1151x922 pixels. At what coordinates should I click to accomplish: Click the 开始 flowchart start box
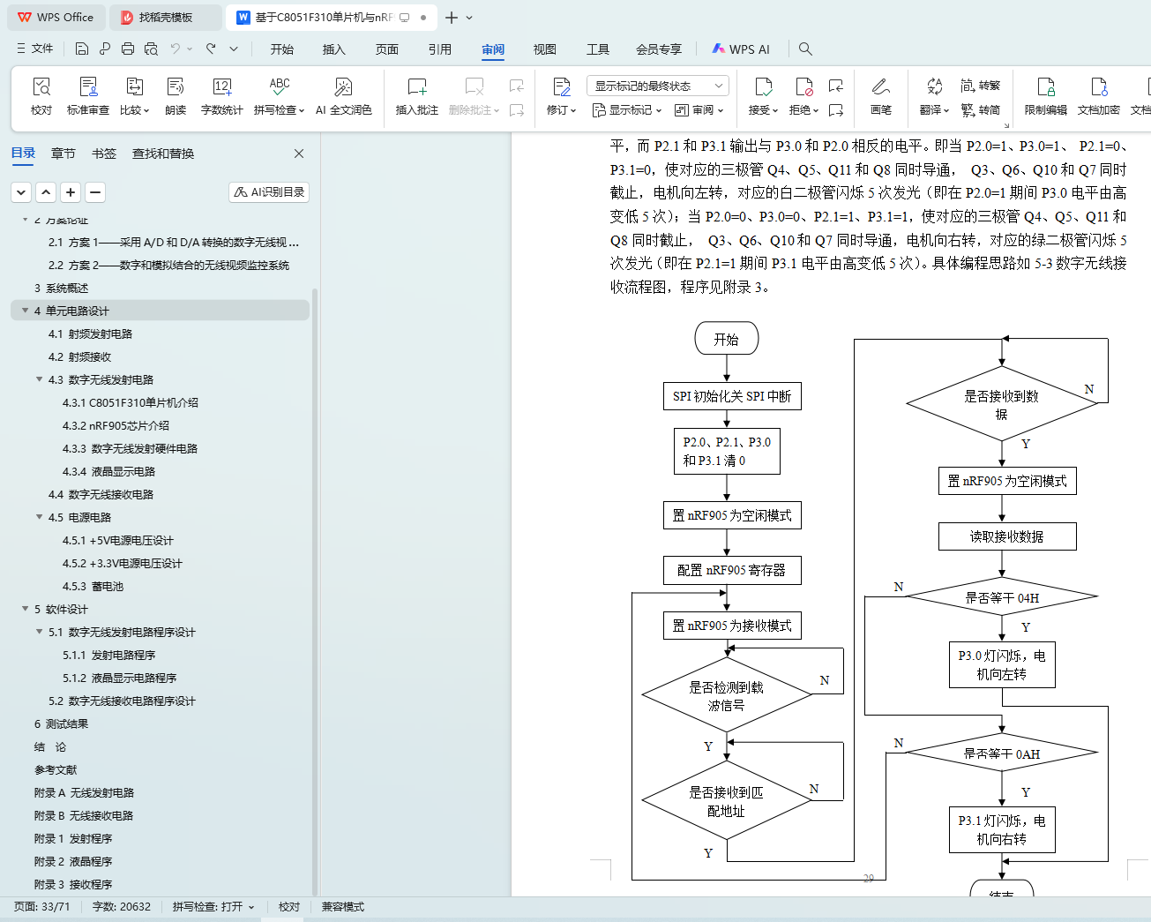726,339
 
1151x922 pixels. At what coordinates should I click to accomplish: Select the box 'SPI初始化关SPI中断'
732,396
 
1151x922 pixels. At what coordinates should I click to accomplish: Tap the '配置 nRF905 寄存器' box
732,570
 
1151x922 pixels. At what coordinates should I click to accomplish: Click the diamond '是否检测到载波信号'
726,695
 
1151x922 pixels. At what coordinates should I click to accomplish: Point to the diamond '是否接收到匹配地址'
726,801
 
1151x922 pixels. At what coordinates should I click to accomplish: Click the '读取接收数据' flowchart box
1006,536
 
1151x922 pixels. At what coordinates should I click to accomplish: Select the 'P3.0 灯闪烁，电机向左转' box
1002,664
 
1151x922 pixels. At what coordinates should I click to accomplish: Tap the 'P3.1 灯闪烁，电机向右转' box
1002,829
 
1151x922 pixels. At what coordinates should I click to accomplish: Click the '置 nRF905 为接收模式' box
732,626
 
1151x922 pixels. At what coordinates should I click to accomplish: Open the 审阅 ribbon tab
493,49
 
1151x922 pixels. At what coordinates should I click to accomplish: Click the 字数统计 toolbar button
221,95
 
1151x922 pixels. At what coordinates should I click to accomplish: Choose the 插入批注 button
416,95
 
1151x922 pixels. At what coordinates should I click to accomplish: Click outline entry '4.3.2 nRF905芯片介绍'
116,425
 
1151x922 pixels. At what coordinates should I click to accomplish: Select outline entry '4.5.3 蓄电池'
93,586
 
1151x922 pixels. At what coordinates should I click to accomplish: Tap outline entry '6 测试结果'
61,723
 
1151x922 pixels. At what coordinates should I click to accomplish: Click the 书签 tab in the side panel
104,154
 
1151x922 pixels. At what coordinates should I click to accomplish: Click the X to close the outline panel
299,154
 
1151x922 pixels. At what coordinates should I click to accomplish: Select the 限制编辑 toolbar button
1045,95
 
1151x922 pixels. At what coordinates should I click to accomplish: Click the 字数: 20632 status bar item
122,906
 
